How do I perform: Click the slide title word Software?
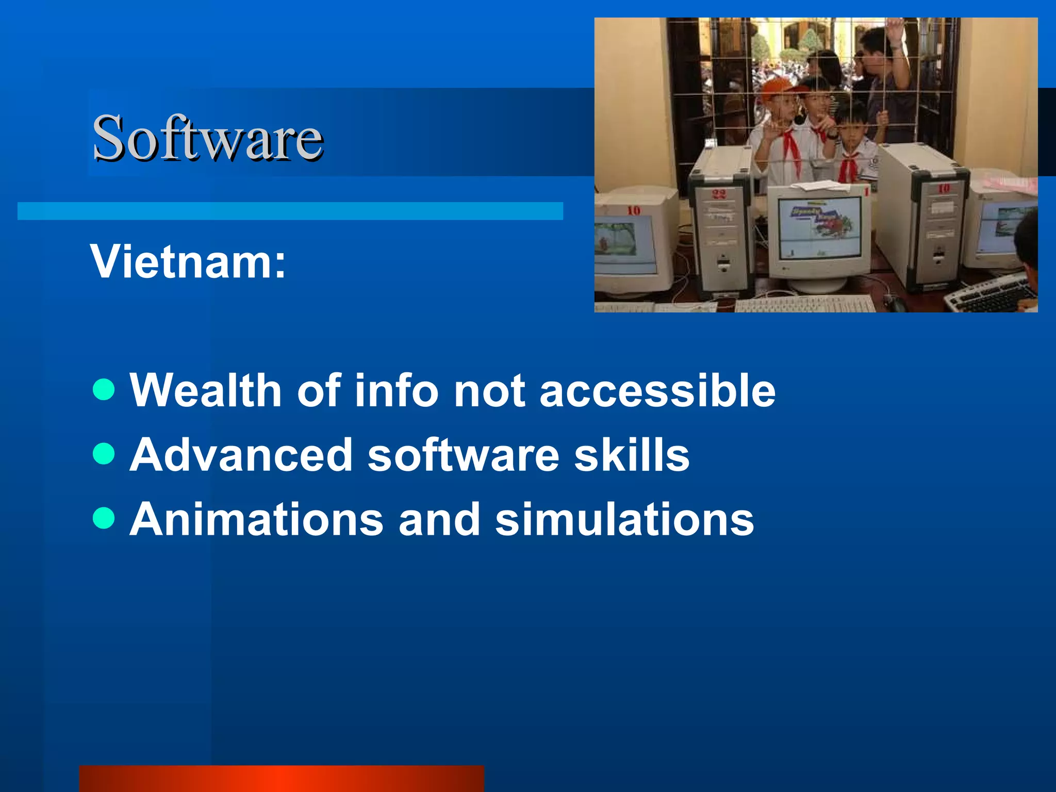pos(207,138)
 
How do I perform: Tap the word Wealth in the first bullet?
pos(205,390)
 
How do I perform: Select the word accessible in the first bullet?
pos(657,390)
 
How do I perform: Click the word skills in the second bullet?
pos(632,455)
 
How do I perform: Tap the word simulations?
pos(624,519)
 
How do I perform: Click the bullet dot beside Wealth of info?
pos(104,389)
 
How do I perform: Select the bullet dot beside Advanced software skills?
pos(104,454)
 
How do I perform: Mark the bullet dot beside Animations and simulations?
pos(104,518)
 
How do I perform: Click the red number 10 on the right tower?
pos(943,189)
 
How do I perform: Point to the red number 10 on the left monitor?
pos(634,210)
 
